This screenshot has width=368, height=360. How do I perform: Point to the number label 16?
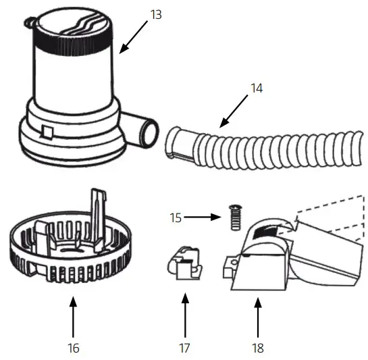click(74, 348)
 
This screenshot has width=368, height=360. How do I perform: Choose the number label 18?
click(257, 348)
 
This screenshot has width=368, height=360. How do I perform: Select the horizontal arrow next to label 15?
click(203, 217)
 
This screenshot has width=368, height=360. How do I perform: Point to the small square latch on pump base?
click(47, 130)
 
